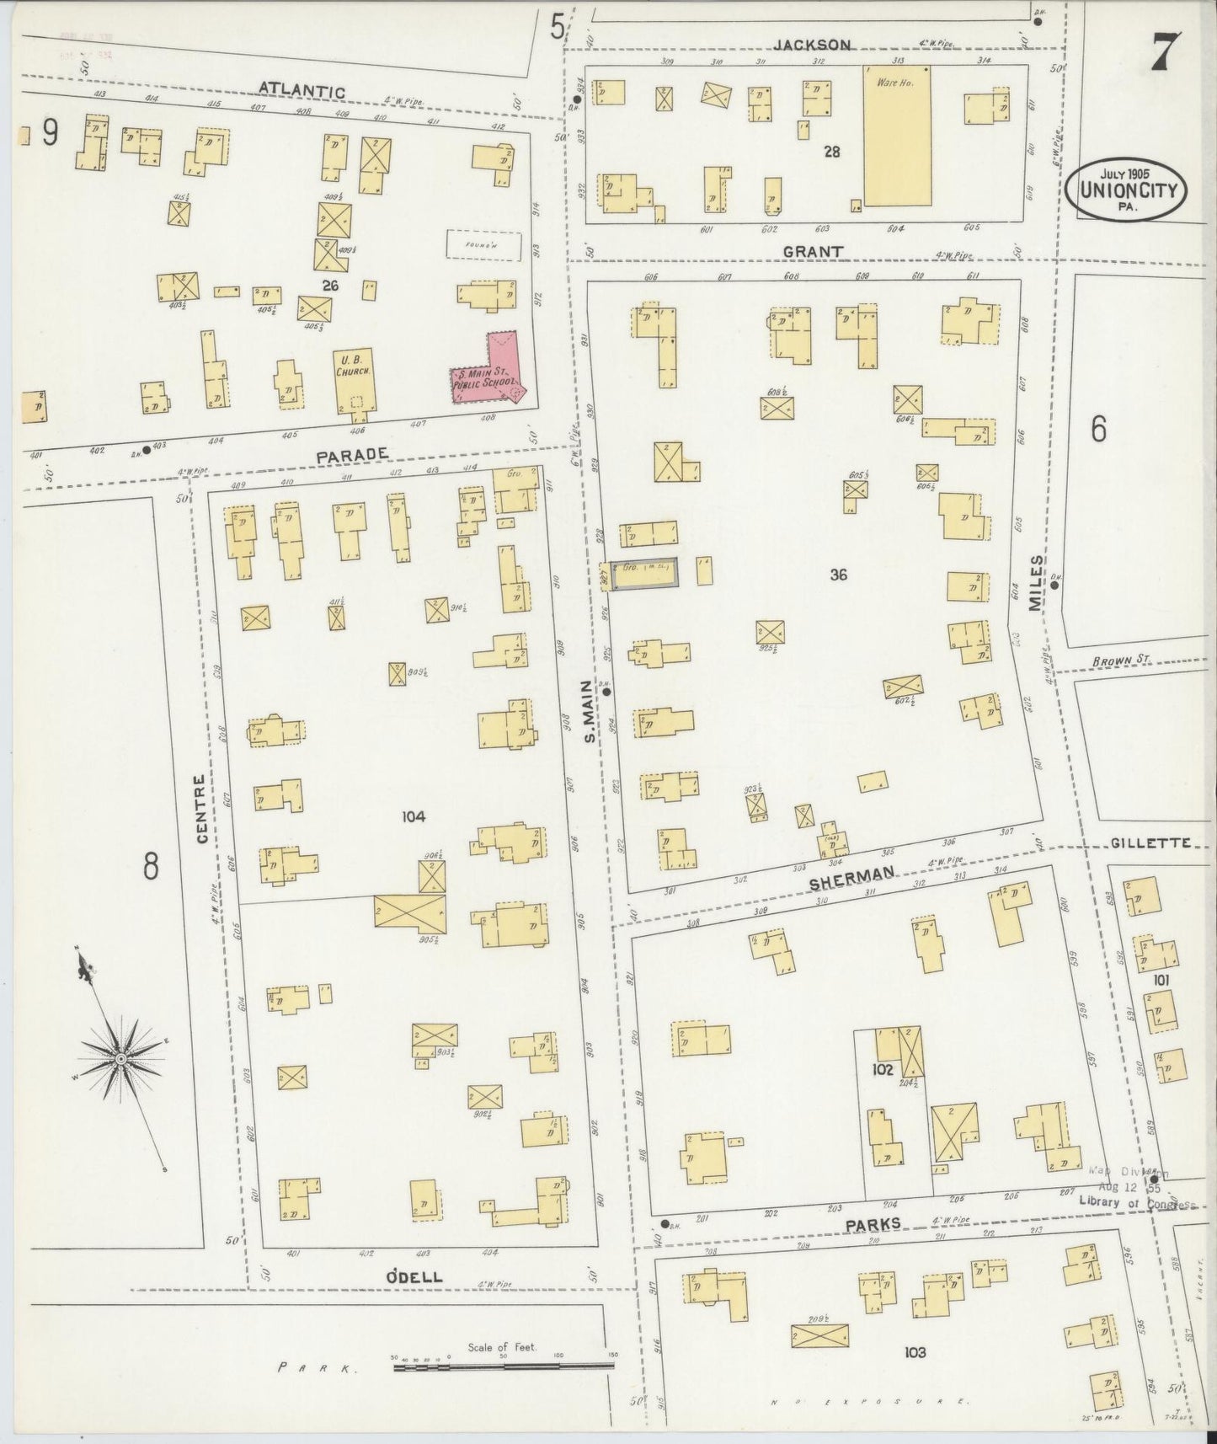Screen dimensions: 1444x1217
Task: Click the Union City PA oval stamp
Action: (x=1126, y=190)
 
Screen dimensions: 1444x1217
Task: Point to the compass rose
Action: (x=121, y=1057)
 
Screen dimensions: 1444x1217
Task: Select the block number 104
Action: (x=414, y=816)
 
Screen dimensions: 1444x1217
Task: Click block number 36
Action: (x=837, y=575)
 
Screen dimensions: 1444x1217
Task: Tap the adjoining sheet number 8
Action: (x=150, y=865)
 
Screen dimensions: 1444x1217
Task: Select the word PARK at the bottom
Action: (x=315, y=1369)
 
